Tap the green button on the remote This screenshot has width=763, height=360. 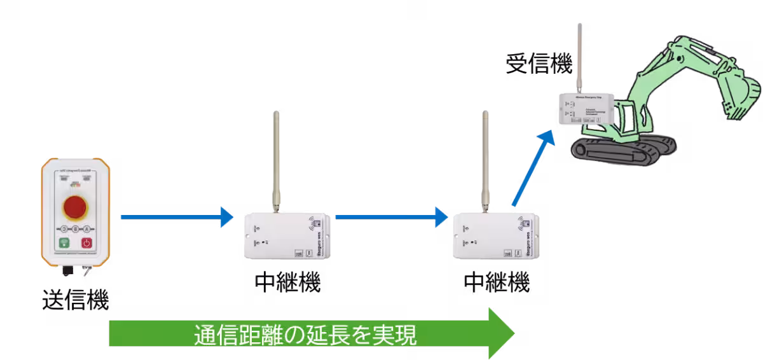click(64, 242)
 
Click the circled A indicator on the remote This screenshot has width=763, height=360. click(86, 228)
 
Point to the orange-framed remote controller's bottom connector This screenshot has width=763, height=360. click(67, 271)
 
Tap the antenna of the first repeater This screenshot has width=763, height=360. click(276, 159)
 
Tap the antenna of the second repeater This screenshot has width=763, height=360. click(485, 159)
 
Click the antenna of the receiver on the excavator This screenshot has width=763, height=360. click(579, 57)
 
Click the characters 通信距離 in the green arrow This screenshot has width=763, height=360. click(236, 335)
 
